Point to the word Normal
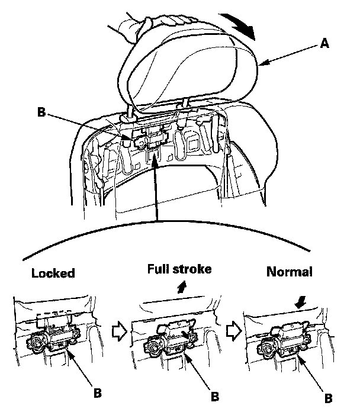click(290, 273)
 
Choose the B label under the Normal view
click(327, 397)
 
